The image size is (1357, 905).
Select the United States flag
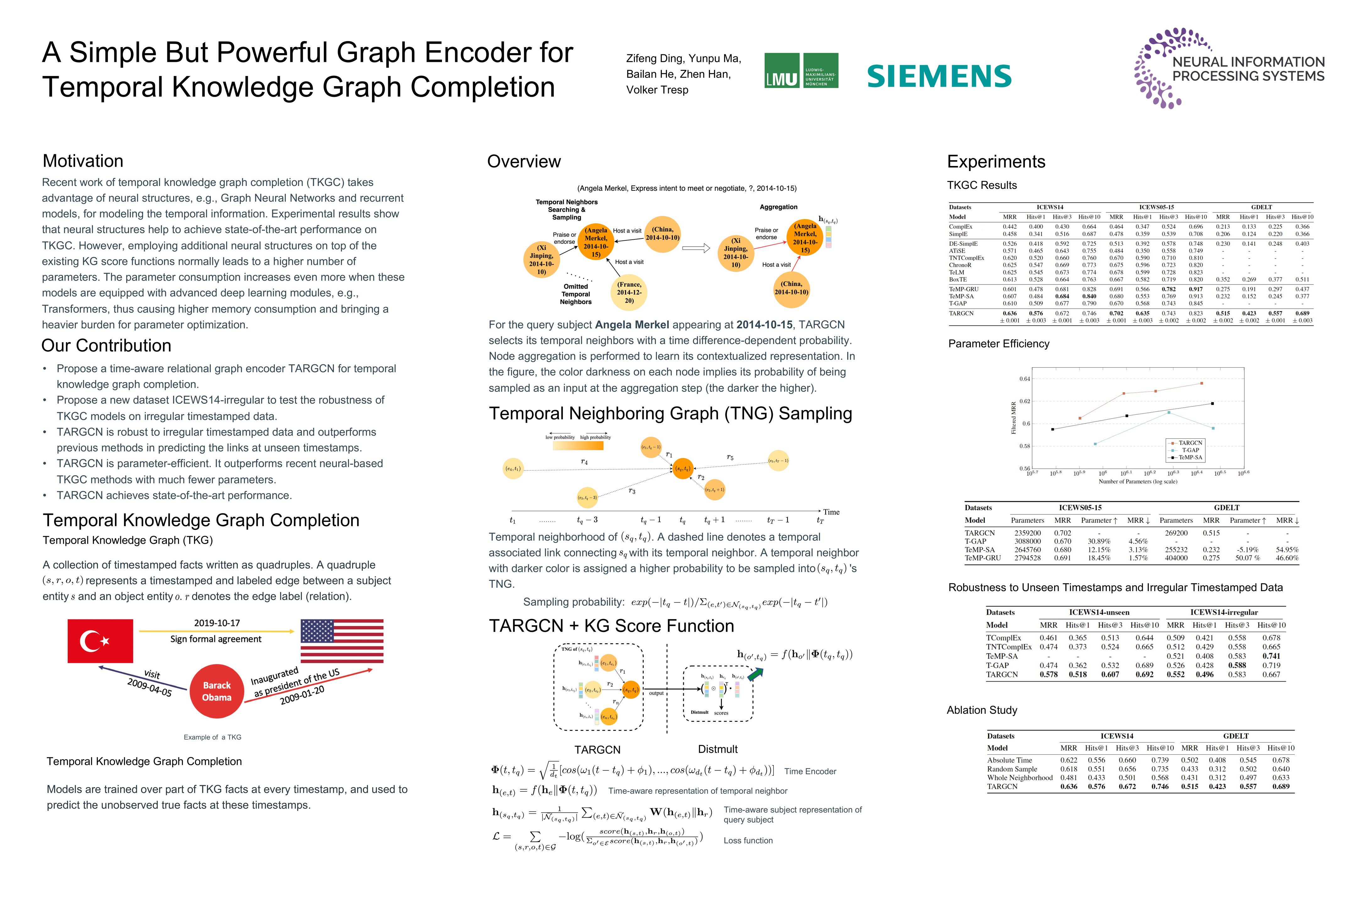pos(341,641)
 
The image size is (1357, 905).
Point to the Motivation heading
pos(83,161)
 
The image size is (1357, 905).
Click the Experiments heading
pos(996,162)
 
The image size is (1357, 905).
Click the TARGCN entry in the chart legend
pos(1190,443)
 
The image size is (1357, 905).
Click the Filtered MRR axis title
pos(1014,418)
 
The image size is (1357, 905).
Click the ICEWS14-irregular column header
pos(1224,612)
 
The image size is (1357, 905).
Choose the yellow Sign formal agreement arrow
pos(216,631)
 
